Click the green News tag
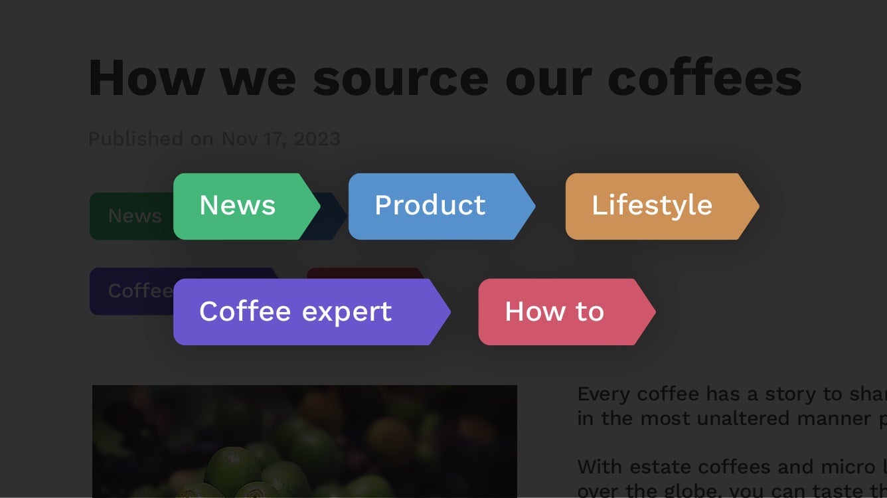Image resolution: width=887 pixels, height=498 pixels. tap(238, 206)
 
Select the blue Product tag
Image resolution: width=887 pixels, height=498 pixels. tap(430, 206)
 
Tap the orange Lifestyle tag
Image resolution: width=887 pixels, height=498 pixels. tap(652, 206)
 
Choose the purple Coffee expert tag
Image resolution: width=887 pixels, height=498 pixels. tap(295, 311)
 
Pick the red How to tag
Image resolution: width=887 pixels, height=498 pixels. tap(554, 311)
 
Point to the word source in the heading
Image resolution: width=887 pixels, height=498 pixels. tap(400, 78)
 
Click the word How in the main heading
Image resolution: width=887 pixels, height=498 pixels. tap(145, 78)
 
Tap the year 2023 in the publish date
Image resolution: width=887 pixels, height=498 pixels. tap(317, 139)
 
